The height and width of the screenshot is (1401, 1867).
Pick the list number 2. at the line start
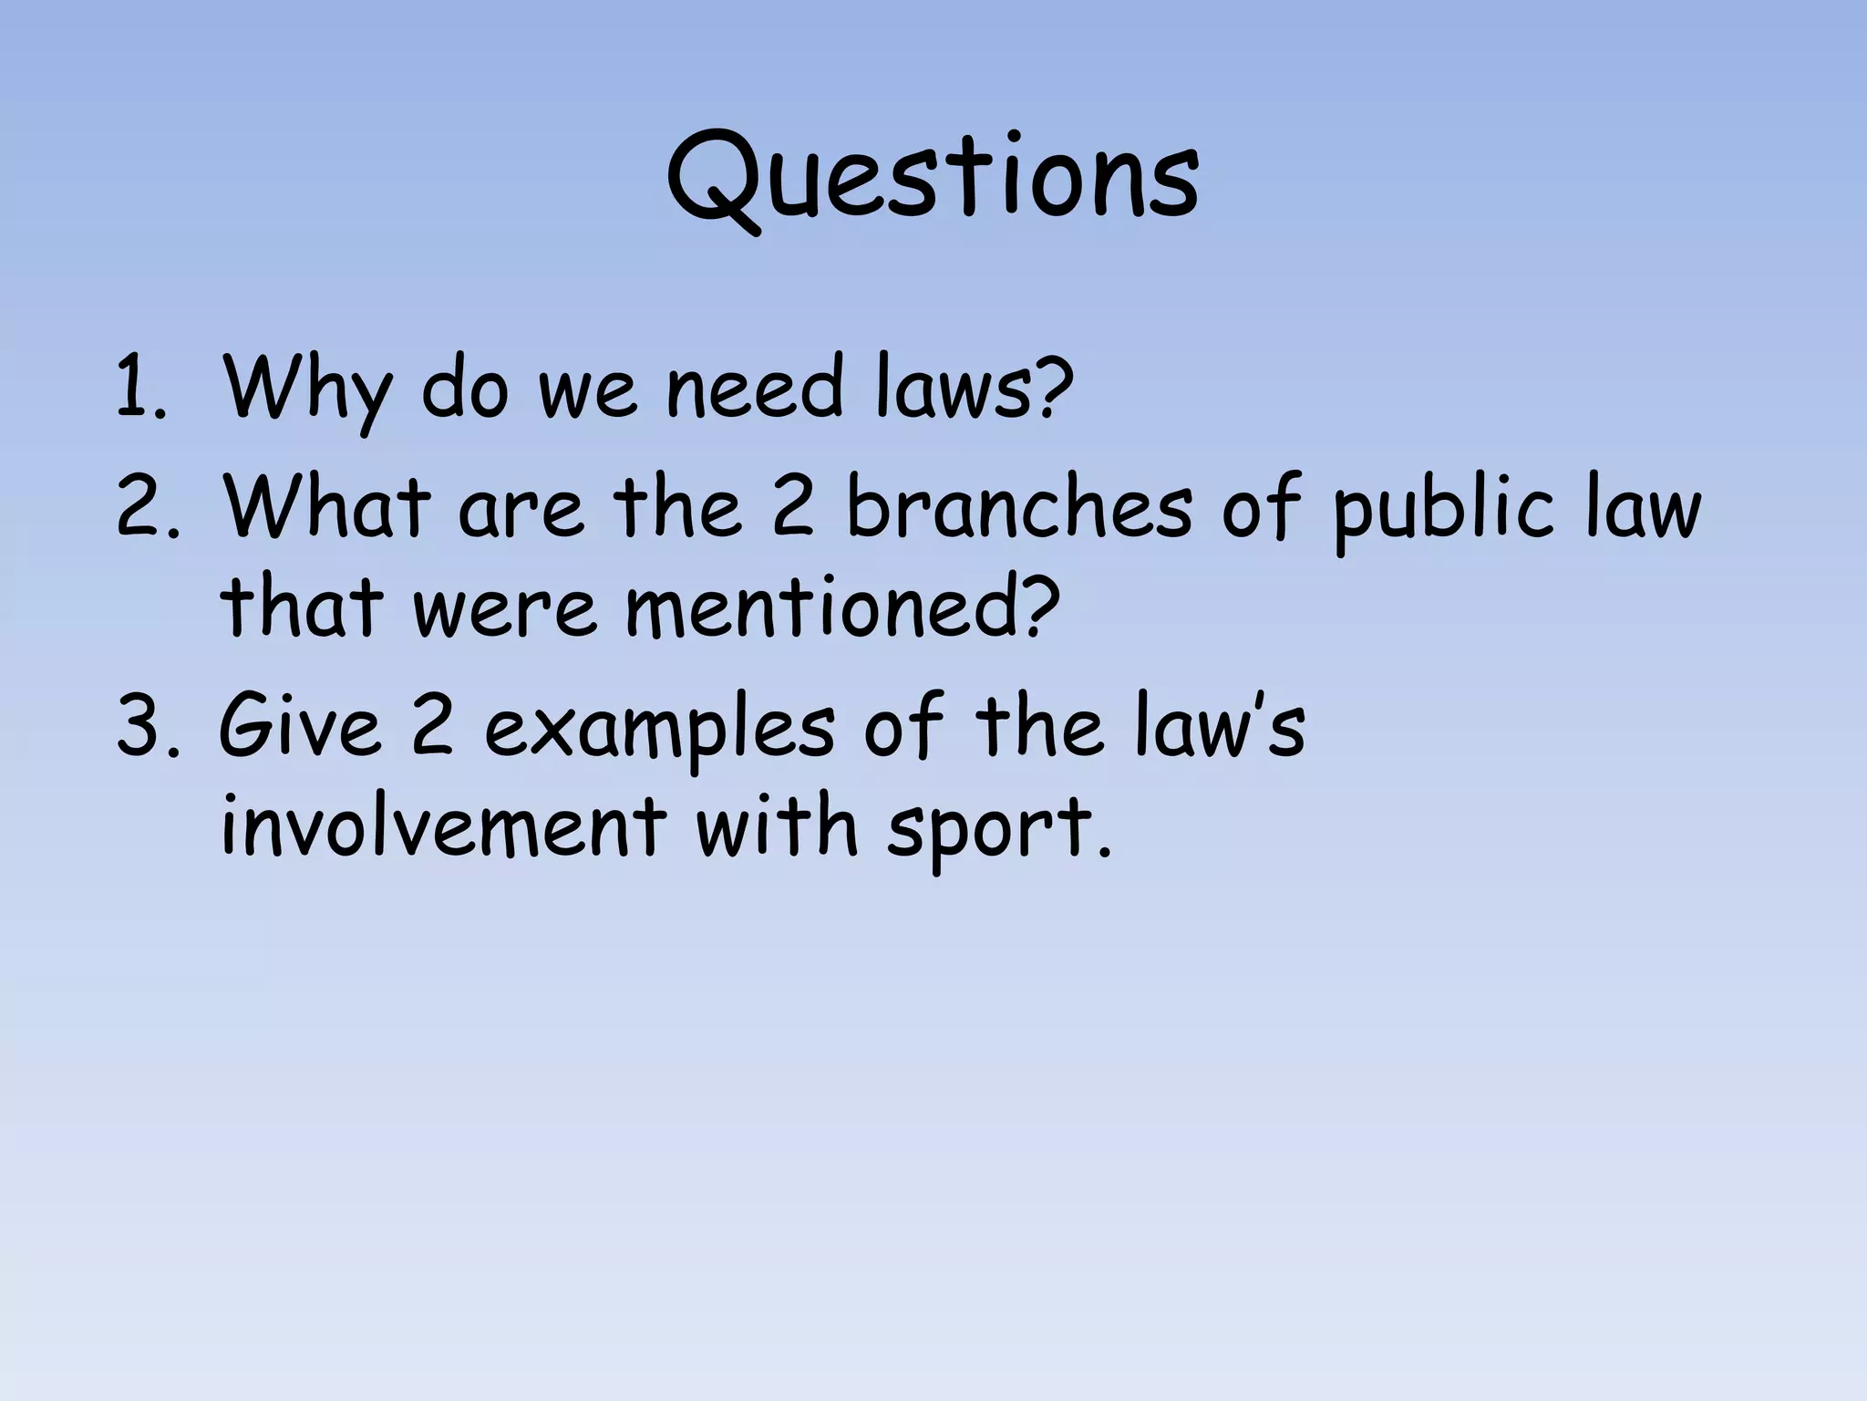144,507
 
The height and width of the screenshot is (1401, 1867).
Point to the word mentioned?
843,607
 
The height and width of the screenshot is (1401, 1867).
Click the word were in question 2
505,609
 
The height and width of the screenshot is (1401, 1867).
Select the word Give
299,726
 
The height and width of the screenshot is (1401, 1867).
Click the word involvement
443,826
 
